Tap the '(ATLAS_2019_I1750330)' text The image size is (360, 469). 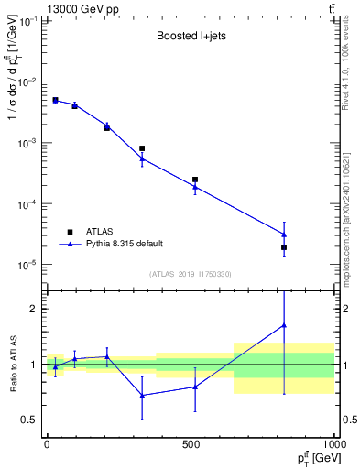(x=190, y=274)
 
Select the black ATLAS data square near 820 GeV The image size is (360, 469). (x=284, y=247)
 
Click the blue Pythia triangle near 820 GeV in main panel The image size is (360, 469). (x=284, y=234)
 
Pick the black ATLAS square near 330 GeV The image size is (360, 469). (x=142, y=148)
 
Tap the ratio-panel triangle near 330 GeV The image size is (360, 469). (x=142, y=395)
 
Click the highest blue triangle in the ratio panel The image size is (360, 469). (x=284, y=325)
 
